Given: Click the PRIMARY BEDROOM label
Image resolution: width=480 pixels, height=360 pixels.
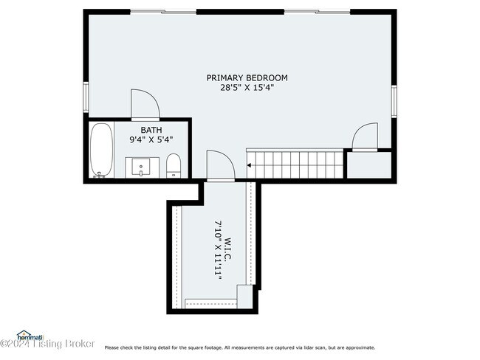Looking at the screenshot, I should (247, 77).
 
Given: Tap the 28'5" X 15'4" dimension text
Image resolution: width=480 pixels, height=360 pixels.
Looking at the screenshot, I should (247, 87).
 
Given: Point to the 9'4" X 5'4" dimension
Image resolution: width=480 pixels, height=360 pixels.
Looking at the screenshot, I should (151, 139).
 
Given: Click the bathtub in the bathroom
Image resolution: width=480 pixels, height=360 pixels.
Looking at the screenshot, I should (101, 150).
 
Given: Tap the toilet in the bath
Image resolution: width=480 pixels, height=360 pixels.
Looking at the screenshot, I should (174, 165).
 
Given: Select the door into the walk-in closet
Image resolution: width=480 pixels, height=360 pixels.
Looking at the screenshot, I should (220, 166).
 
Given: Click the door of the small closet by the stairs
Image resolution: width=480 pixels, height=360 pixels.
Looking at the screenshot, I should (365, 137).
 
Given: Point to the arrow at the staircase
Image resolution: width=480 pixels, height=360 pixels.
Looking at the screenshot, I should (250, 165).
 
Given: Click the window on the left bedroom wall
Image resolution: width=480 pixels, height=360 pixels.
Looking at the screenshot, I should (86, 97).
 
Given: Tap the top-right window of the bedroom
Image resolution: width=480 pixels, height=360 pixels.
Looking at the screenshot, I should (317, 12).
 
